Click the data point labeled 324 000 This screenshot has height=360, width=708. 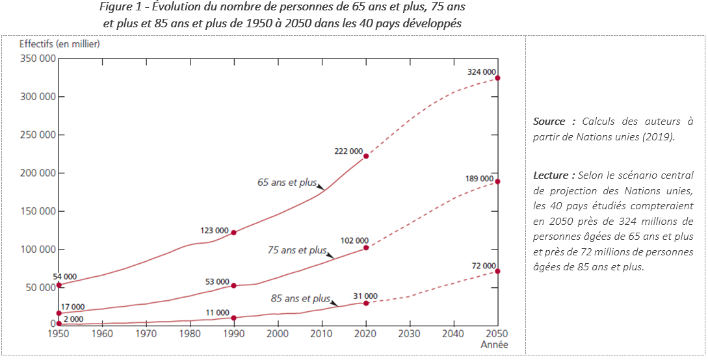click(498, 78)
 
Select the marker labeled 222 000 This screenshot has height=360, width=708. click(366, 156)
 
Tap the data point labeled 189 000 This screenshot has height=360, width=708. click(498, 181)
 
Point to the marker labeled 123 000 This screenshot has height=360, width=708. click(233, 232)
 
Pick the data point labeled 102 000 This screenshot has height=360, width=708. click(366, 248)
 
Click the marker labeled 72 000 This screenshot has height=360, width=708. click(498, 271)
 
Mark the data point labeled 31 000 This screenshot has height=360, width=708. click(366, 303)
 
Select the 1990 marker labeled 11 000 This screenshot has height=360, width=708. click(233, 318)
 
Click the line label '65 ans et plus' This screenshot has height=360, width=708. click(287, 183)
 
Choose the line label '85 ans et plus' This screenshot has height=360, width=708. click(300, 299)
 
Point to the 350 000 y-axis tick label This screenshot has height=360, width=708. click(38, 58)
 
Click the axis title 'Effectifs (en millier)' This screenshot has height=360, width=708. click(60, 44)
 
